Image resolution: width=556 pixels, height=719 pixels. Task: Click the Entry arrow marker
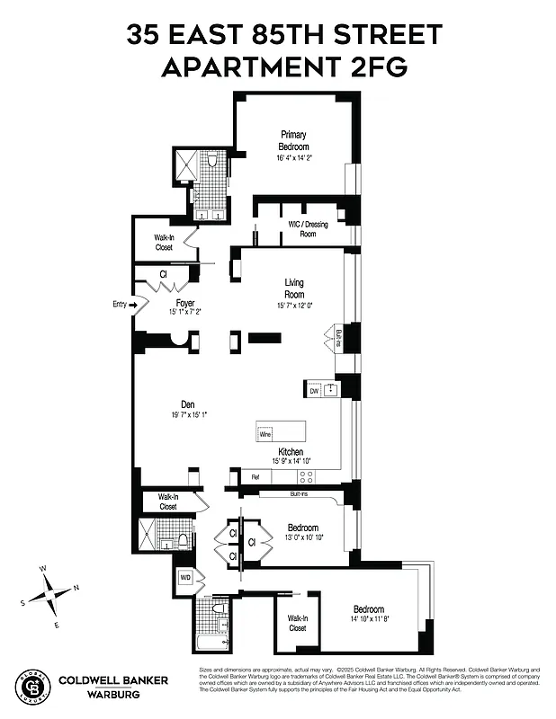click(x=135, y=306)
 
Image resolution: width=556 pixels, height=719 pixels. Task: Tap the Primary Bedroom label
click(x=293, y=141)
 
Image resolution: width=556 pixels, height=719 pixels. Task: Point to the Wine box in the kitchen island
click(x=265, y=434)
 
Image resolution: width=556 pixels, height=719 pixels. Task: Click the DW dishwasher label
click(x=314, y=391)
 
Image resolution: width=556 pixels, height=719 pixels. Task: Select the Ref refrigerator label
click(x=255, y=477)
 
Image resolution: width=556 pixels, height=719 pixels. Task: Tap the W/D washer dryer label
click(x=185, y=577)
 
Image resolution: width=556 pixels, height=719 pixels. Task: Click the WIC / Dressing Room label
click(x=308, y=229)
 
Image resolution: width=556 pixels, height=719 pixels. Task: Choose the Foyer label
click(x=186, y=303)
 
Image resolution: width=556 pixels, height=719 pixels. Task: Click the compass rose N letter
click(x=76, y=588)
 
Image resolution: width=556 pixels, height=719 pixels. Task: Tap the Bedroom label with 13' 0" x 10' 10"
click(x=302, y=528)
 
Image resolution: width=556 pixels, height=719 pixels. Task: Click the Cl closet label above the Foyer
click(x=164, y=274)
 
